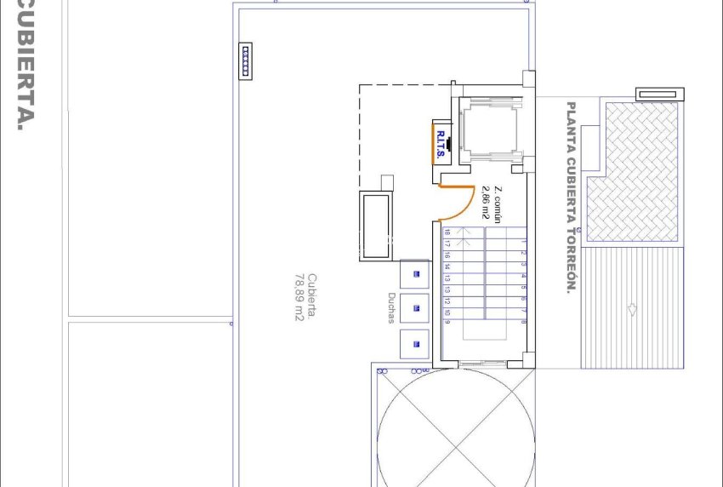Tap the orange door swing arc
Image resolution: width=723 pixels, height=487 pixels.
[x=463, y=205]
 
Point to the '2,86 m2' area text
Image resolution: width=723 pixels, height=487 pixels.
[x=486, y=203]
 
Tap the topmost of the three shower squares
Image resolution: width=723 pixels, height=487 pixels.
[x=415, y=273]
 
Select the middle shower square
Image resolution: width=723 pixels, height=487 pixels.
[x=415, y=308]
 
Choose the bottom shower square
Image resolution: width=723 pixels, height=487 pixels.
[x=415, y=343]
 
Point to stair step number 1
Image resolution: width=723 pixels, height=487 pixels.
[x=524, y=242]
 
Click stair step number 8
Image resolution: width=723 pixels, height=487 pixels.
[x=524, y=321]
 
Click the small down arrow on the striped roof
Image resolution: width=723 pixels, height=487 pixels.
[x=632, y=309]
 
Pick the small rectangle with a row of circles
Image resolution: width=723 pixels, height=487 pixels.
[x=246, y=60]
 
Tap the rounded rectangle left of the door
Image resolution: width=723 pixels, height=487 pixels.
[x=373, y=226]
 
